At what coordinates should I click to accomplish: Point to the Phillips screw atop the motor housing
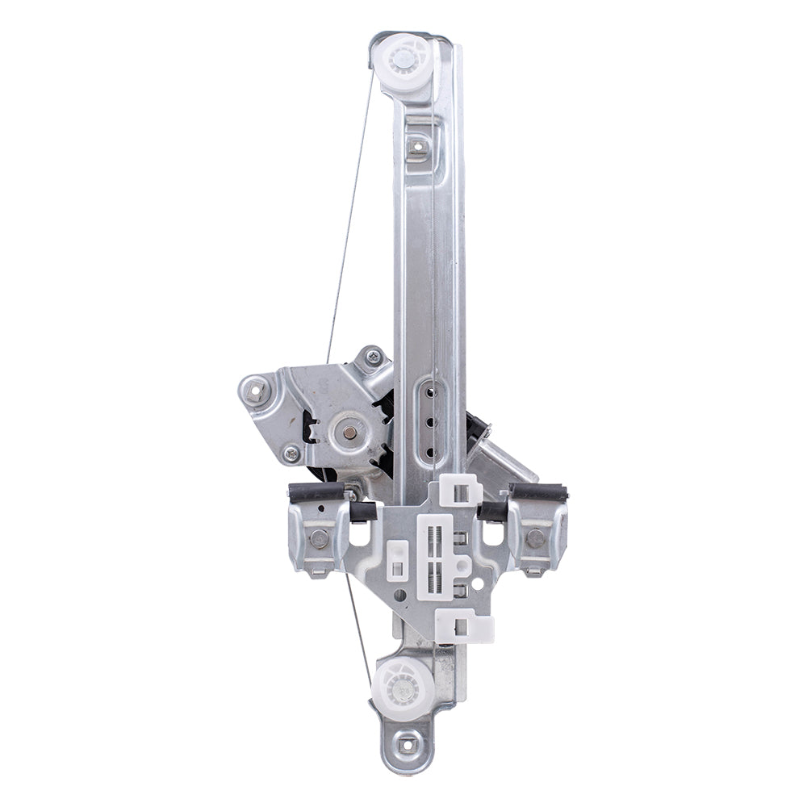(x=373, y=355)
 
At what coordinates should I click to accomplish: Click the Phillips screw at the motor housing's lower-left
(x=291, y=454)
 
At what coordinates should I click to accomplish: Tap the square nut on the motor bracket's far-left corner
(x=257, y=390)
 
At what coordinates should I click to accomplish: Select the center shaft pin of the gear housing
(x=347, y=432)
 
